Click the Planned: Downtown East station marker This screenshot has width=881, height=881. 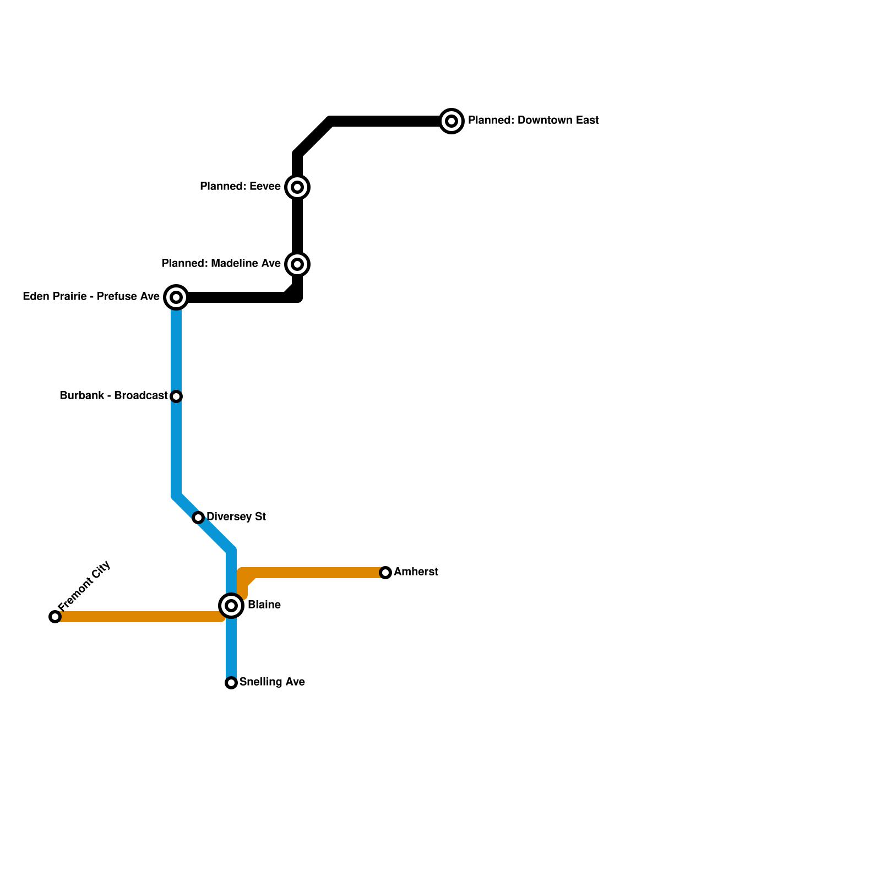click(452, 121)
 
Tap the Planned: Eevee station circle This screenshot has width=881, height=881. click(297, 187)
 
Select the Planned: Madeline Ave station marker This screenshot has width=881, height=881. click(297, 264)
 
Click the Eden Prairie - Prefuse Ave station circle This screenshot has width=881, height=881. click(176, 297)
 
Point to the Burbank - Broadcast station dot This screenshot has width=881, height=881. click(176, 396)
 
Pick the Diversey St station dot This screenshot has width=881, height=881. click(198, 518)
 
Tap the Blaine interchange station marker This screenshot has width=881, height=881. click(231, 606)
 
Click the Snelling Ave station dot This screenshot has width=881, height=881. click(231, 683)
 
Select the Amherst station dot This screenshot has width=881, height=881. click(385, 573)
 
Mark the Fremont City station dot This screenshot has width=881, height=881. click(55, 617)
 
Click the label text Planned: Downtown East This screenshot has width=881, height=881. click(533, 121)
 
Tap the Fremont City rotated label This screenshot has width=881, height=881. click(84, 586)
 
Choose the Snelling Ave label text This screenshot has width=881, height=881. click(272, 682)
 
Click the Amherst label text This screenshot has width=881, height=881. click(416, 572)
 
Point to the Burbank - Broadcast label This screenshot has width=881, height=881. click(113, 396)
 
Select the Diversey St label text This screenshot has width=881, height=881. click(236, 517)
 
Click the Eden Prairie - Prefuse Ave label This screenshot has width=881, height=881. click(91, 297)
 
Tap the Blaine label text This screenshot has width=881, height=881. click(264, 605)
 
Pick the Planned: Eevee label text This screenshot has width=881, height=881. click(240, 187)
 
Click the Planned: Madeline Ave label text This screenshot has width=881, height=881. click(221, 264)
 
